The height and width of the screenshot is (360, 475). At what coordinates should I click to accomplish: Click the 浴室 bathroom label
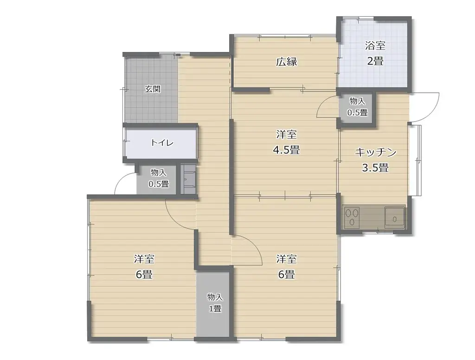(375, 46)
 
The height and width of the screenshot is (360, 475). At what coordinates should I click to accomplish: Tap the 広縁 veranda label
(286, 62)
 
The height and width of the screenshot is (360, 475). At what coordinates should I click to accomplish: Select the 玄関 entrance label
(152, 89)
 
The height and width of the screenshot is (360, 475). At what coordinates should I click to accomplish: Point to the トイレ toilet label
(162, 142)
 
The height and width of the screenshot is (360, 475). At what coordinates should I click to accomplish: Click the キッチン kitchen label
(375, 152)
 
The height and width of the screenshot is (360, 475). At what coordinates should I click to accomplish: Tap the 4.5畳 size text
(286, 150)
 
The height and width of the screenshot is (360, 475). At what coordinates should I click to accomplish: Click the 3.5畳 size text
(375, 167)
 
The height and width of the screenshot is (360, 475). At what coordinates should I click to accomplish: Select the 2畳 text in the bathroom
(375, 61)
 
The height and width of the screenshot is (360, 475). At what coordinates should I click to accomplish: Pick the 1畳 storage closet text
(215, 309)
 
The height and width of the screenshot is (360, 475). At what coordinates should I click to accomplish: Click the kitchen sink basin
(395, 218)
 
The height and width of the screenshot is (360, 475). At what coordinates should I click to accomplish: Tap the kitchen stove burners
(351, 217)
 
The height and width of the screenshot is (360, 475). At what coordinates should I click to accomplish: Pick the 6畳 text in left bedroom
(144, 275)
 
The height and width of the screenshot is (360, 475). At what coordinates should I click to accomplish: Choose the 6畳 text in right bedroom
(286, 275)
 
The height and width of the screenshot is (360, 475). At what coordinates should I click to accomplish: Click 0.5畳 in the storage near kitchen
(357, 113)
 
